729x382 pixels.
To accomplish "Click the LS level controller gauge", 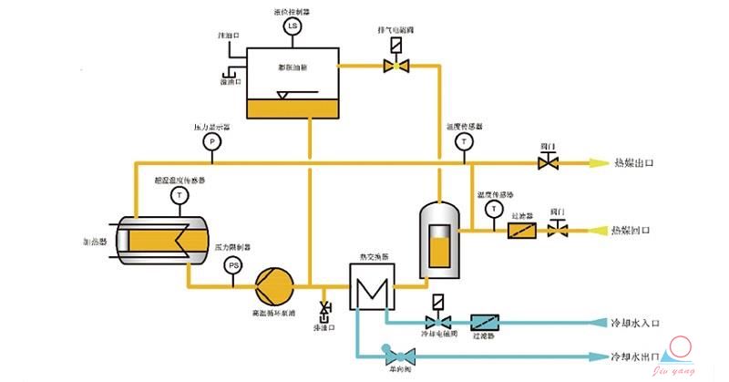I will point(293,26).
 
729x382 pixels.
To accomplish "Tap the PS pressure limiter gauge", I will point(233,265).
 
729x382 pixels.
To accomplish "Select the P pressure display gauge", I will point(211,141).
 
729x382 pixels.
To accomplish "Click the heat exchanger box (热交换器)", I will point(370,289).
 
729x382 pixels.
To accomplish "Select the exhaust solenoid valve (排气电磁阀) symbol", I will point(395,65).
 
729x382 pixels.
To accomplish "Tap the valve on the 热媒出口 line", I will point(549,163).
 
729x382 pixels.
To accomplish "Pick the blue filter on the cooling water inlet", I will point(486,323).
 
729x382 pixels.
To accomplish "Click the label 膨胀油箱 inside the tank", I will point(293,67).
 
